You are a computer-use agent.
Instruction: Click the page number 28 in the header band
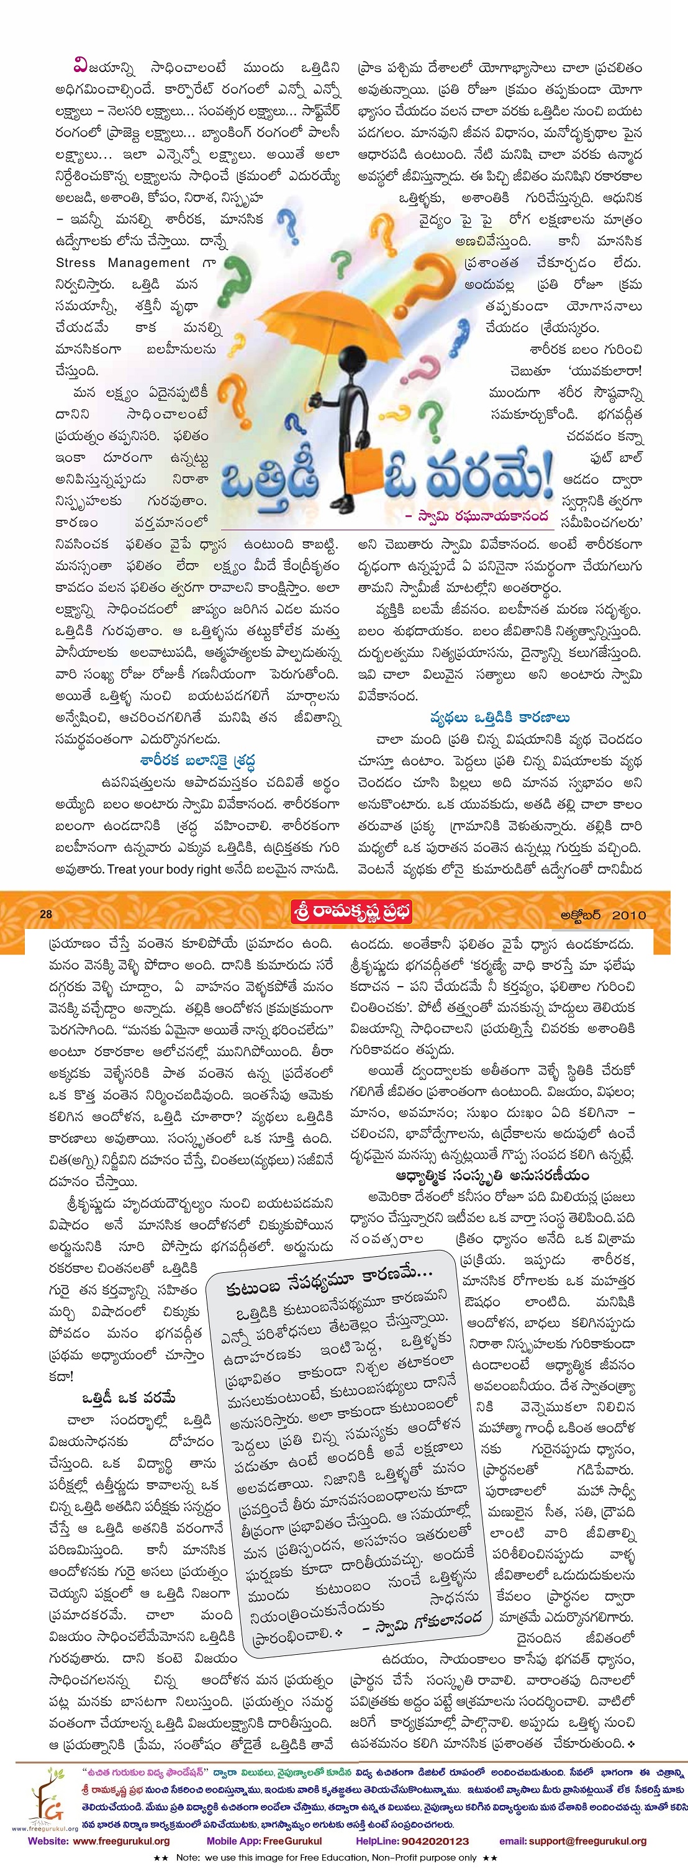tap(45, 914)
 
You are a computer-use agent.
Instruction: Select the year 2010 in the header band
tap(628, 915)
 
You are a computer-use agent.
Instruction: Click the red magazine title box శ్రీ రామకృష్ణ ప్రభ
tap(351, 912)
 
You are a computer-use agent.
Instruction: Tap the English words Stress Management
tap(123, 263)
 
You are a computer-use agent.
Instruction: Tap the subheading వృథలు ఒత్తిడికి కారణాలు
tap(500, 717)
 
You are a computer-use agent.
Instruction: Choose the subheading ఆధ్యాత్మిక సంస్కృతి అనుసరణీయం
tap(492, 1175)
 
